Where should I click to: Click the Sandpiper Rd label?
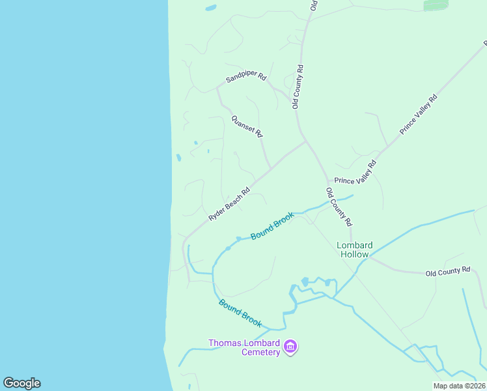(x=246, y=78)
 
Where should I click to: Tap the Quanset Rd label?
(x=247, y=126)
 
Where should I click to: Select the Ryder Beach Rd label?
(x=229, y=205)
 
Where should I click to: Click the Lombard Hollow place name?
(x=355, y=250)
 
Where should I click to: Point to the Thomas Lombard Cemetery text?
(x=244, y=347)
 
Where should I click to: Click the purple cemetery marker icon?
(x=291, y=347)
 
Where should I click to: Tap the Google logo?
(x=21, y=383)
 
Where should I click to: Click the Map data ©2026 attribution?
(x=459, y=386)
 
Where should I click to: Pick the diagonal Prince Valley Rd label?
(x=419, y=114)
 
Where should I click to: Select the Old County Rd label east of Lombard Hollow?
(x=448, y=270)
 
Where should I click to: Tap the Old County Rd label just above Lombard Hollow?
(x=339, y=207)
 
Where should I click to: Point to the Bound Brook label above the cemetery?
(x=240, y=313)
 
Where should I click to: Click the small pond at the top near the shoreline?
(x=210, y=8)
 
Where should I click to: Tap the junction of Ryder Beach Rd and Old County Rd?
(x=306, y=141)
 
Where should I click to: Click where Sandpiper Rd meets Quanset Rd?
(x=218, y=89)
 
